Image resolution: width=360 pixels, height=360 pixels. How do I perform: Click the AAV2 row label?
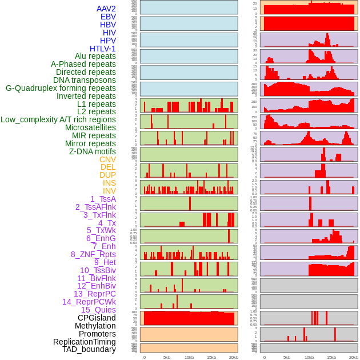coord(106,9)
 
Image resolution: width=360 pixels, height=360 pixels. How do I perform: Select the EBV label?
coord(108,17)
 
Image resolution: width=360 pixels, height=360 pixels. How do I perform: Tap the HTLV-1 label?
coord(102,49)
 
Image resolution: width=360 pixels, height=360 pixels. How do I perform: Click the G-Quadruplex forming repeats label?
coord(61,88)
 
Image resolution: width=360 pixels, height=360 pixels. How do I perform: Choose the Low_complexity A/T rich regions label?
coord(58,119)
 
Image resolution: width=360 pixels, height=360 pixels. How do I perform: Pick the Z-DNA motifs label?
coord(92,151)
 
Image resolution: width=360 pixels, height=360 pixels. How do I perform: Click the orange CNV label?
coord(107,159)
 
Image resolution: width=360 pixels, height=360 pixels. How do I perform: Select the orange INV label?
coord(109,191)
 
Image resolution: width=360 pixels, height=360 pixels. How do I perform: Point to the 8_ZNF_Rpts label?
coord(93,254)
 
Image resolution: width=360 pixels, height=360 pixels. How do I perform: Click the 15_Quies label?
coord(98,310)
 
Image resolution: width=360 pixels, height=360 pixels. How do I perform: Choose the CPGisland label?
coord(97,318)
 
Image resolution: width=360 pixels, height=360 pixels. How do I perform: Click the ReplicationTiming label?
coord(84,342)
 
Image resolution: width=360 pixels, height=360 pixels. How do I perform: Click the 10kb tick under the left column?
coord(189,357)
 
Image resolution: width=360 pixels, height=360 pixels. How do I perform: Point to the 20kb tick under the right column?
coord(354,357)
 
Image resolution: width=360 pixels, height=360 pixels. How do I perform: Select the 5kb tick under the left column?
coord(166,357)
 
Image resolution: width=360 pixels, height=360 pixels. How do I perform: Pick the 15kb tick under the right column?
coord(331,357)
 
